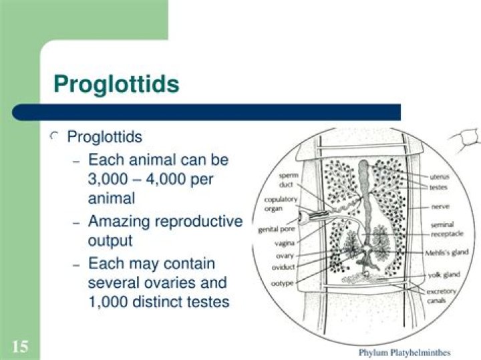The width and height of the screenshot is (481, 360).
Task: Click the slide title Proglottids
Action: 116,84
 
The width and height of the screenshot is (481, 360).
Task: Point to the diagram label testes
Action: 438,188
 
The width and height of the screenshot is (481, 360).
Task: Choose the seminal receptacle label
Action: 442,230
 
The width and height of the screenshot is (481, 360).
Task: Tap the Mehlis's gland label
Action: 446,253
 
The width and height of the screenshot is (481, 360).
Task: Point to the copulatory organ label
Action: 281,203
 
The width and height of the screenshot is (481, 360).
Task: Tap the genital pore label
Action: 273,230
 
